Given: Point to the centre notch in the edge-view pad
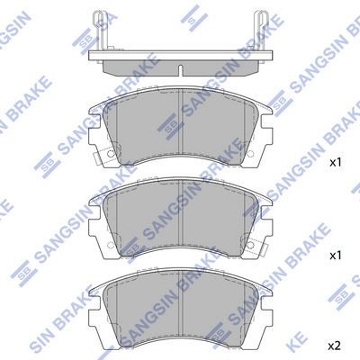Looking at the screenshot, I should (x=181, y=68).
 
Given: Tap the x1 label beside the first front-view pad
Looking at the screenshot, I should (x=335, y=164).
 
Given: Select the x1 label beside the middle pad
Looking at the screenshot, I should (x=335, y=256).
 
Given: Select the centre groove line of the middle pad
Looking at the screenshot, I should (x=181, y=225).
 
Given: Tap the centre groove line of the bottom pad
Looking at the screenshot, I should (x=181, y=315).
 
